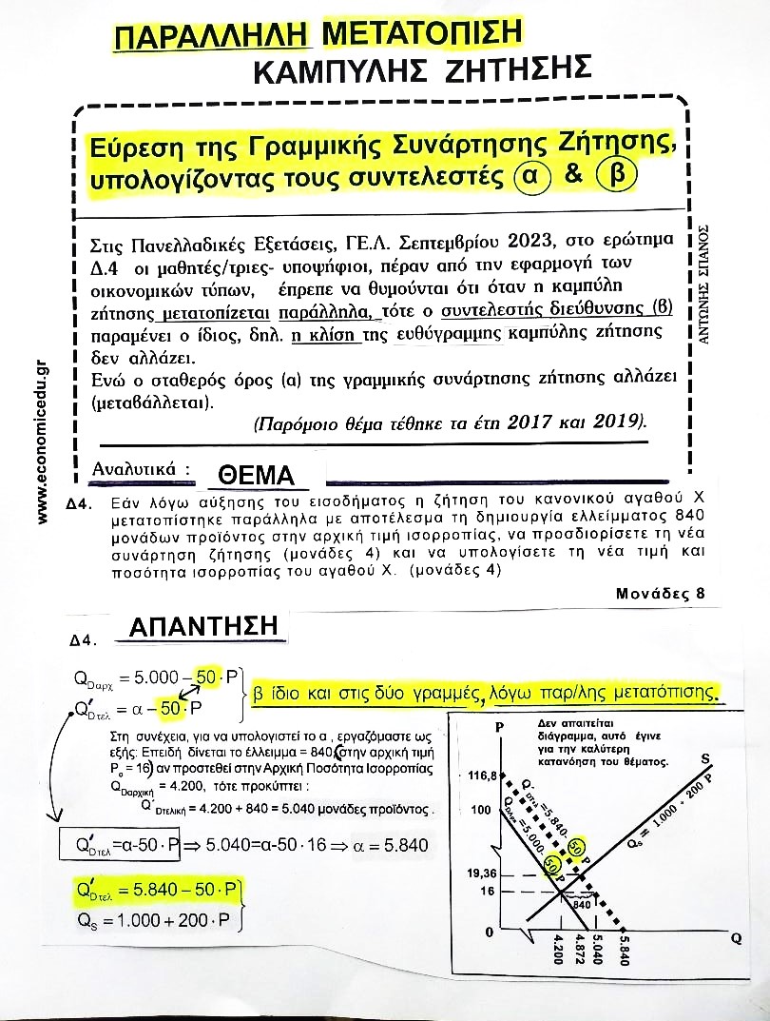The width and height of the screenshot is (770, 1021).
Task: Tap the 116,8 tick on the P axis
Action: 483,776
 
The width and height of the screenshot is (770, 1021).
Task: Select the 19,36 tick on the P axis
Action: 483,872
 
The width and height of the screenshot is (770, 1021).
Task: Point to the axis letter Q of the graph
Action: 735,937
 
